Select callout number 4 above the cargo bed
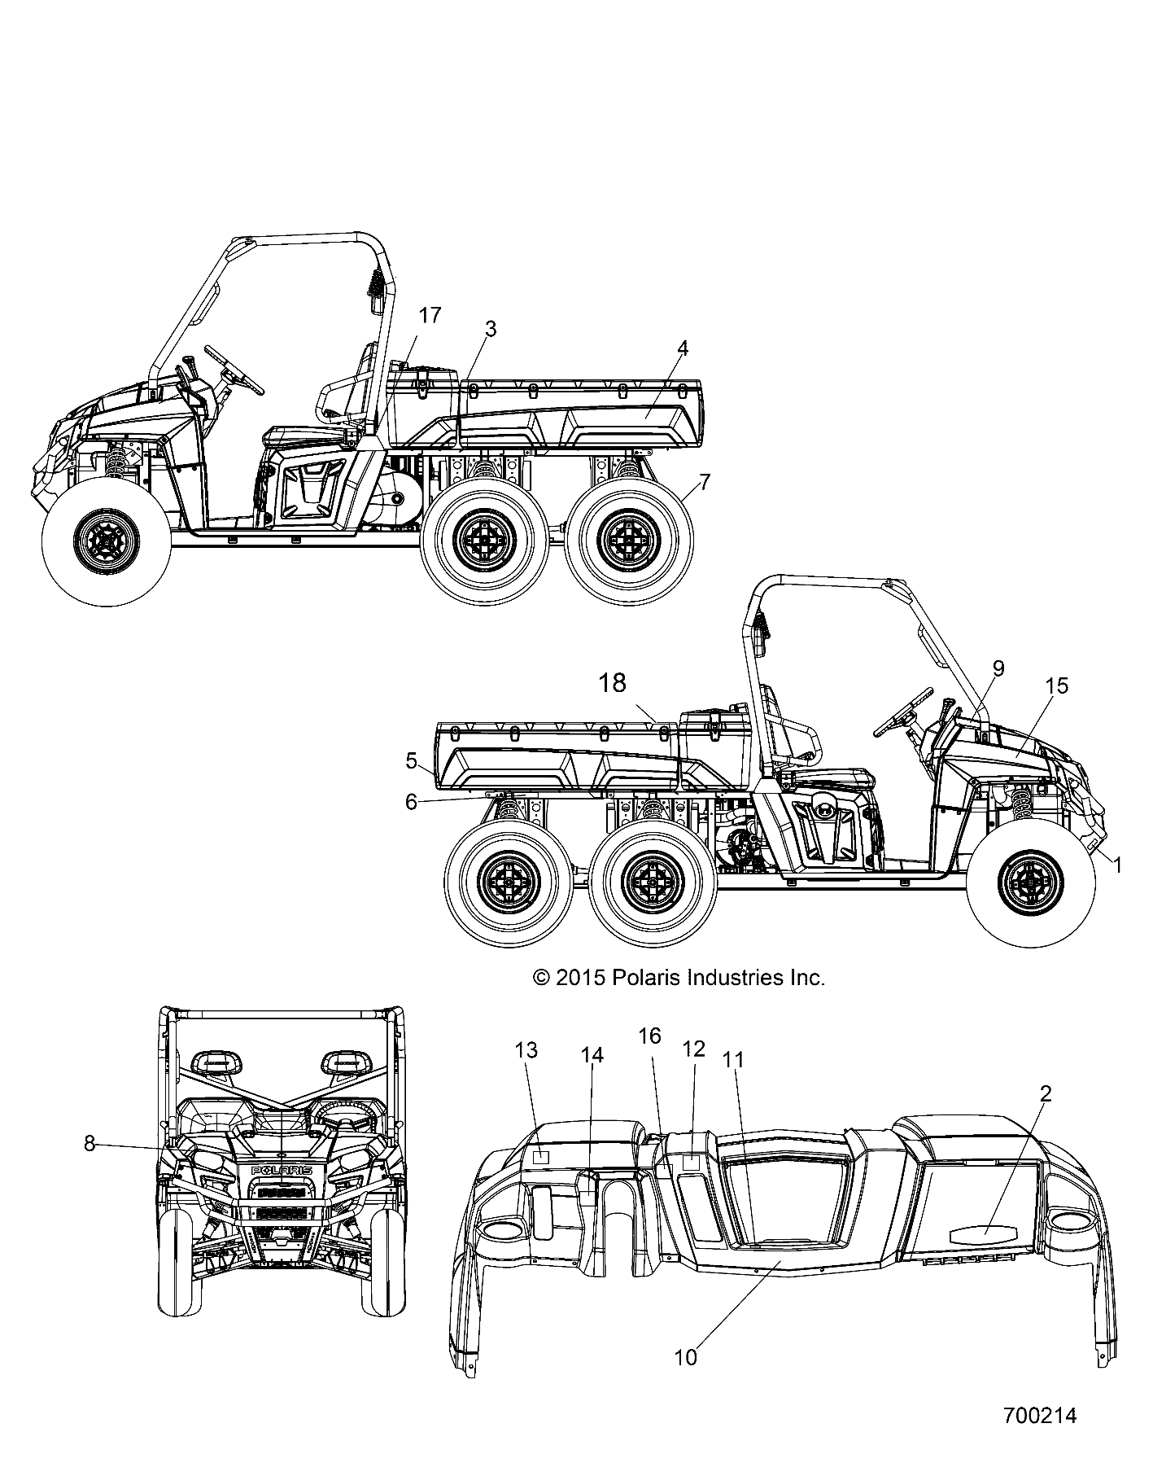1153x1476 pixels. (683, 348)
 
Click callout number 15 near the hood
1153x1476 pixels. (1057, 685)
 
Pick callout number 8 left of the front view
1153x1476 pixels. (90, 1143)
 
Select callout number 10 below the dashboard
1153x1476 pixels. (686, 1357)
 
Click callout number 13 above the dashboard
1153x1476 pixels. (526, 1050)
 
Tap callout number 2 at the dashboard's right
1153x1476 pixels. (1046, 1093)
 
